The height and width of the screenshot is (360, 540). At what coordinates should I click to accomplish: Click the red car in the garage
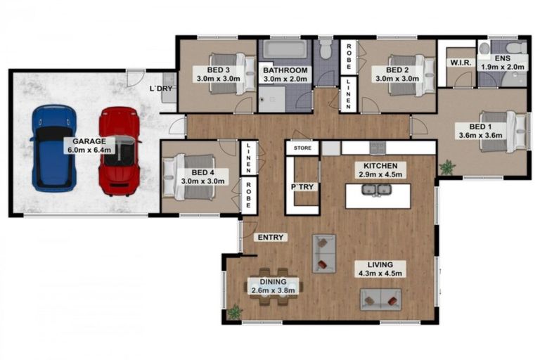(120, 150)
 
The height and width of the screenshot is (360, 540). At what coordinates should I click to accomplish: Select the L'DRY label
(162, 89)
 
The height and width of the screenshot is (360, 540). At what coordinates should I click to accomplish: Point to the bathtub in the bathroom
(283, 50)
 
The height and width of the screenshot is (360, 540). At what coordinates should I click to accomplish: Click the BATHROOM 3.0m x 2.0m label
(285, 75)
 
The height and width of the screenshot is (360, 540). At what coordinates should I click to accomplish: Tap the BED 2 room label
(397, 75)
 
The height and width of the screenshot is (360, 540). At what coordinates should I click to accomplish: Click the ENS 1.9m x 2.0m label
(502, 63)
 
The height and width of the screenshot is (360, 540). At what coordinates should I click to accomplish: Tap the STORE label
(302, 148)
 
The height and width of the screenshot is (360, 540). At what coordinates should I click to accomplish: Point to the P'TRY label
(302, 188)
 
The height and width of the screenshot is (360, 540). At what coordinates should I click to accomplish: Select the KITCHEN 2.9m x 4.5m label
(378, 170)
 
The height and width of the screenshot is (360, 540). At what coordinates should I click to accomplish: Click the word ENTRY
(270, 238)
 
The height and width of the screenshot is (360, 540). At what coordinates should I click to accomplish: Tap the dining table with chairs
(271, 288)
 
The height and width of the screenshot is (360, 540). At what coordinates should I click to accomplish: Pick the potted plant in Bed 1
(446, 167)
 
